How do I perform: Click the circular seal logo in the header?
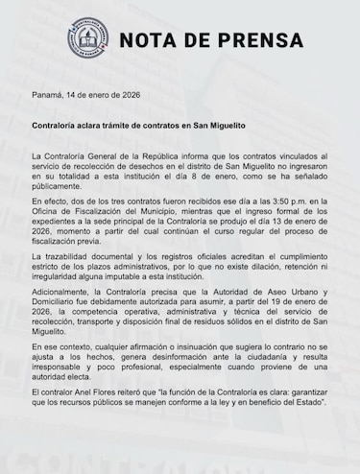coord(87,40)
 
